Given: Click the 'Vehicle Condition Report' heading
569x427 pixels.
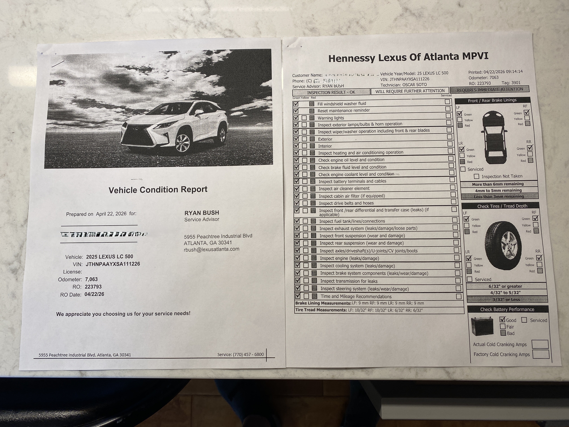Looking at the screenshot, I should click(158, 190).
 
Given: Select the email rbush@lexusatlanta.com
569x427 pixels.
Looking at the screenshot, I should click(211, 249).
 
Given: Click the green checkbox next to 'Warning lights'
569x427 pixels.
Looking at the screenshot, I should click(296, 118).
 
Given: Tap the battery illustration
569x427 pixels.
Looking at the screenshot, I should click(482, 326).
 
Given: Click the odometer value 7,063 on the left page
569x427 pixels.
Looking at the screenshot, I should click(91, 279).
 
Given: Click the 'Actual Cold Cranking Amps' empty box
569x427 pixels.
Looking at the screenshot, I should click(540, 344).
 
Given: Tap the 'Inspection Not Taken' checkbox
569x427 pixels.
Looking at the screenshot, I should click(476, 176).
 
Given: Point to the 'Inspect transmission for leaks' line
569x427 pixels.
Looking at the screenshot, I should click(349, 281).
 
